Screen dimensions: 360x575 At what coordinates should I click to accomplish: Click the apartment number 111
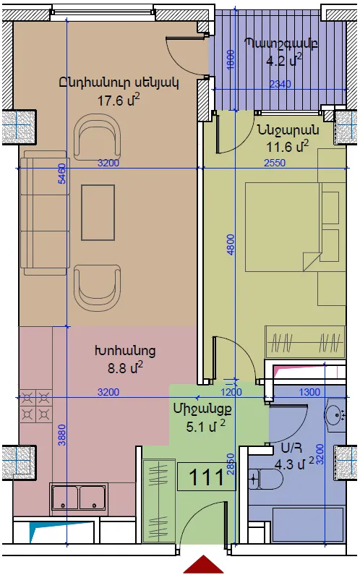click(207, 477)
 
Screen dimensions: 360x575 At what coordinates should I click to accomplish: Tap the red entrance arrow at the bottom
click(203, 565)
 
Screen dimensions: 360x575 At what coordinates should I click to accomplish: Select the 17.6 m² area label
click(118, 100)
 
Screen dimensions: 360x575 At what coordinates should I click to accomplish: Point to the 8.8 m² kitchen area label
click(124, 367)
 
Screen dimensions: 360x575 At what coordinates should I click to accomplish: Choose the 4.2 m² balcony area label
click(284, 60)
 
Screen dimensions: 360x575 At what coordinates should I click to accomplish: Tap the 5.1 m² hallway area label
click(205, 427)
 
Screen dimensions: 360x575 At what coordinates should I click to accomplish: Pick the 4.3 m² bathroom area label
click(294, 464)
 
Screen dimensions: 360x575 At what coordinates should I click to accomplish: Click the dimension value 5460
click(62, 174)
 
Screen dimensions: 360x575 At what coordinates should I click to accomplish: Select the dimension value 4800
click(231, 244)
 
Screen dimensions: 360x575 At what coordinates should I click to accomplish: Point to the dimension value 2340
click(280, 85)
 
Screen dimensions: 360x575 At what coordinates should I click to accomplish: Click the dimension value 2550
click(275, 163)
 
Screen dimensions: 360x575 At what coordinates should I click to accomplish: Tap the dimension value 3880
click(62, 435)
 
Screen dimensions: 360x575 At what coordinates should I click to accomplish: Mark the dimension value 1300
click(309, 393)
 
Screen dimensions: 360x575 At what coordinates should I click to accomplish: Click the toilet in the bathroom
click(265, 479)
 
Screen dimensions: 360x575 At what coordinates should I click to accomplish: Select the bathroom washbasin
click(335, 414)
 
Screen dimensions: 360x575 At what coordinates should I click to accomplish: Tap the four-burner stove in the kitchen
click(36, 406)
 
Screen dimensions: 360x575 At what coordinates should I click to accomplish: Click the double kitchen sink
click(79, 497)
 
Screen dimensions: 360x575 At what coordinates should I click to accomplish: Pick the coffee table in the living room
click(98, 213)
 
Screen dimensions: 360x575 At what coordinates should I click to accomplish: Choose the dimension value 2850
click(230, 464)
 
